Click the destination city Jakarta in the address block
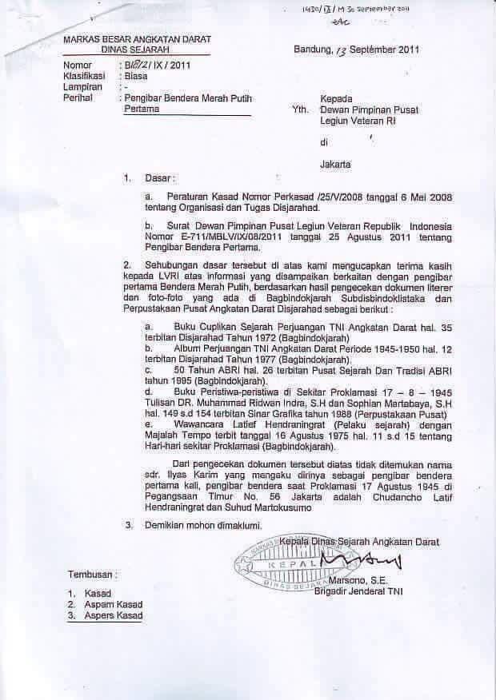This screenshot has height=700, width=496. [336, 165]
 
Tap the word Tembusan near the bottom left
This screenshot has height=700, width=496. [91, 574]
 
